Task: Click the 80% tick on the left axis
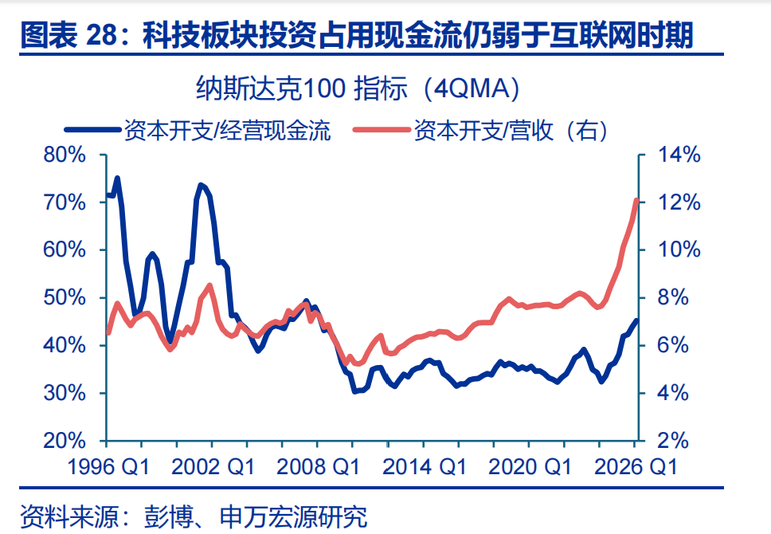coord(65,155)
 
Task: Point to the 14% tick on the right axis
coord(679,155)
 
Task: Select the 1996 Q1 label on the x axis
coord(108,467)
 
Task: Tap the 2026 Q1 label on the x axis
coord(636,467)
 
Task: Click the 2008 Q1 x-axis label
coord(318,467)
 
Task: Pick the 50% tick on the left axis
coord(65,298)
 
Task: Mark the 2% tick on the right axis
coord(673,441)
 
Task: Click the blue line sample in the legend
coord(93,130)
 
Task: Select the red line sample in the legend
coord(382,130)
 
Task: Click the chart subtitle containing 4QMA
coord(358,88)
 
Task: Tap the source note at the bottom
coord(194,516)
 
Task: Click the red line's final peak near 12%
coord(636,201)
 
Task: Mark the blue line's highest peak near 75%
coord(117,179)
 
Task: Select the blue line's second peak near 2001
coord(200,186)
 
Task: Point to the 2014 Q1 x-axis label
coord(424,467)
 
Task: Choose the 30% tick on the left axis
coord(65,393)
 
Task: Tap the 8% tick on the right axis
coord(673,298)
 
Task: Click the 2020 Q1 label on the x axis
coord(530,467)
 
